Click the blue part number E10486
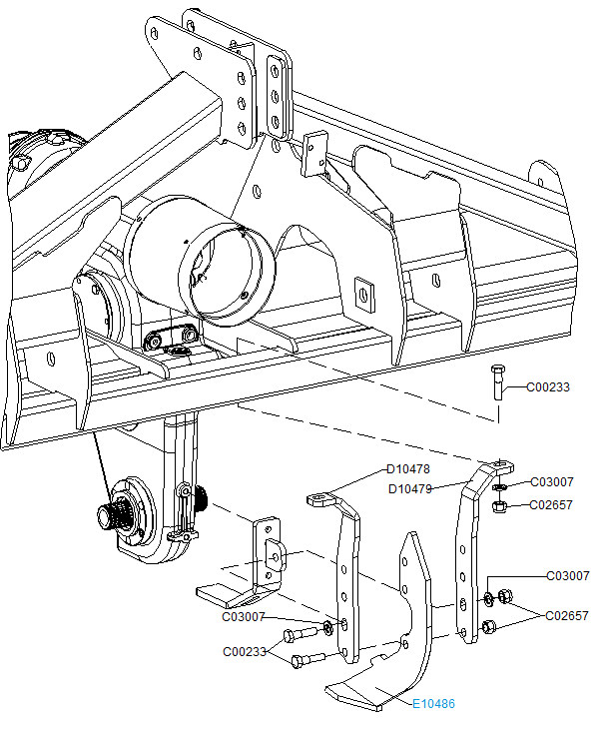pyautogui.click(x=433, y=704)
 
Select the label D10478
pyautogui.click(x=408, y=469)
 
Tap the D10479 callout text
pyautogui.click(x=410, y=488)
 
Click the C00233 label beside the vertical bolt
pyautogui.click(x=548, y=387)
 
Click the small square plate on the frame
pyautogui.click(x=365, y=291)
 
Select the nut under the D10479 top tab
pyautogui.click(x=501, y=506)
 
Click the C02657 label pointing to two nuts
pyautogui.click(x=567, y=616)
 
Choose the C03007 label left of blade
pyautogui.click(x=244, y=616)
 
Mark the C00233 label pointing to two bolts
pyautogui.click(x=244, y=652)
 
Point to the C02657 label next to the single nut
pyautogui.click(x=551, y=505)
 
